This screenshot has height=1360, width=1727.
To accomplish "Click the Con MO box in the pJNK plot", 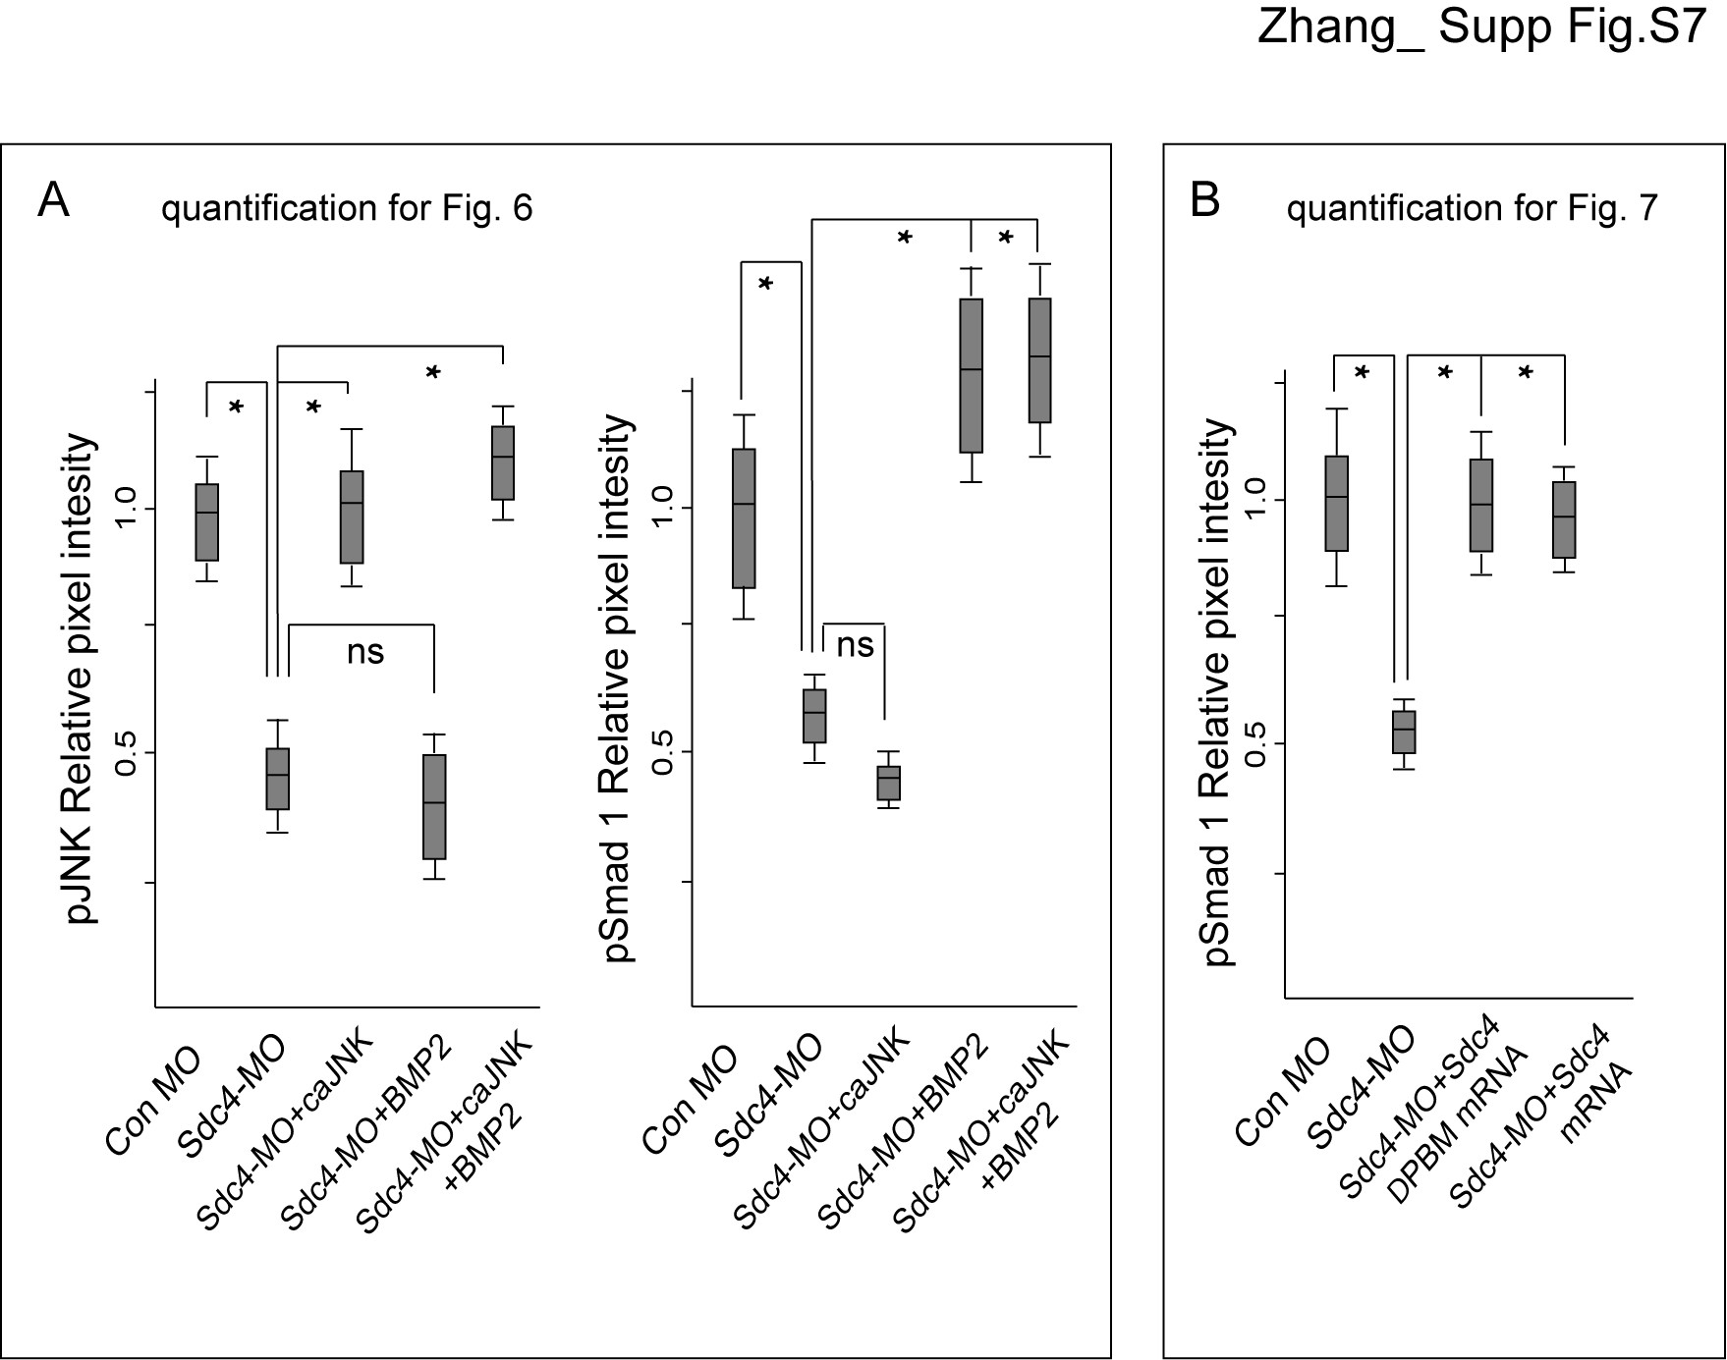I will [206, 522].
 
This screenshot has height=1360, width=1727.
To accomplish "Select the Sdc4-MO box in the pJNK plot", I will [278, 779].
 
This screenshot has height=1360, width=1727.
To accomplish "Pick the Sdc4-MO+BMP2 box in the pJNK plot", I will [434, 807].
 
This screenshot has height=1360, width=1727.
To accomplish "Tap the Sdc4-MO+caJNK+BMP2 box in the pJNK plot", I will [503, 463].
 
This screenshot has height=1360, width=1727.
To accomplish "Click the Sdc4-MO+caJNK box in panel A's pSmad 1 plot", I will [889, 784].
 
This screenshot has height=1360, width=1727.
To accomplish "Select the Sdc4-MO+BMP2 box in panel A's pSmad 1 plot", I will [972, 376].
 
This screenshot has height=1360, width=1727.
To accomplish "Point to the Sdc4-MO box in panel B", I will [1404, 732].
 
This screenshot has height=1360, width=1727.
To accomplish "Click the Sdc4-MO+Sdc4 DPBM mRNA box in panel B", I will [1481, 506].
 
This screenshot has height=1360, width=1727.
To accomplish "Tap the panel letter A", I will [53, 201].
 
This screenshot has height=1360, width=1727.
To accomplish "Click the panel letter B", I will [1204, 200].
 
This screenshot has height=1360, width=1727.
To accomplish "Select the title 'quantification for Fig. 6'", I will [347, 208].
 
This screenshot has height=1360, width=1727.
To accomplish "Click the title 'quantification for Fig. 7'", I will [1472, 208].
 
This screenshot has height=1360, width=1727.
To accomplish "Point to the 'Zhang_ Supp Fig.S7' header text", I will [1480, 28].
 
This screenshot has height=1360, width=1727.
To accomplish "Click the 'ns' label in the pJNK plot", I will [365, 651].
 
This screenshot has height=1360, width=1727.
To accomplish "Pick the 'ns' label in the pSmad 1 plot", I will [855, 645].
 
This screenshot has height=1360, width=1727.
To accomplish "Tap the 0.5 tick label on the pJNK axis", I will [126, 753].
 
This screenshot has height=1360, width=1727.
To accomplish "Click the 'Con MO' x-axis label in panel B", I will [1283, 1093].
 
